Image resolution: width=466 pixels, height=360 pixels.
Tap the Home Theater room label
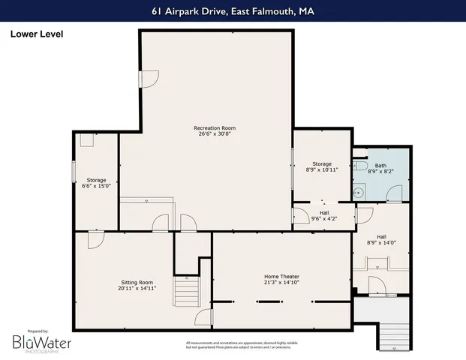281,277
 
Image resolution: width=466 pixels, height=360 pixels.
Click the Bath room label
380,166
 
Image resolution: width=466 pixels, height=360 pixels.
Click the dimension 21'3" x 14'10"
281,283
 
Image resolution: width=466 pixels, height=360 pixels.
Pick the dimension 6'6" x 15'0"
96,186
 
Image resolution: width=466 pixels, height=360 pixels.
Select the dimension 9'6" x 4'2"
323,219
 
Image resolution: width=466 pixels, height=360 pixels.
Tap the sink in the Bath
358,192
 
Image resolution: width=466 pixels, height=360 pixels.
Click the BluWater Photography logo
38,343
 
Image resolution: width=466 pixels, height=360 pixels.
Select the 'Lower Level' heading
37,34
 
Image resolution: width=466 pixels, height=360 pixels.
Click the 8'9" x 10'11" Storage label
322,166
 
